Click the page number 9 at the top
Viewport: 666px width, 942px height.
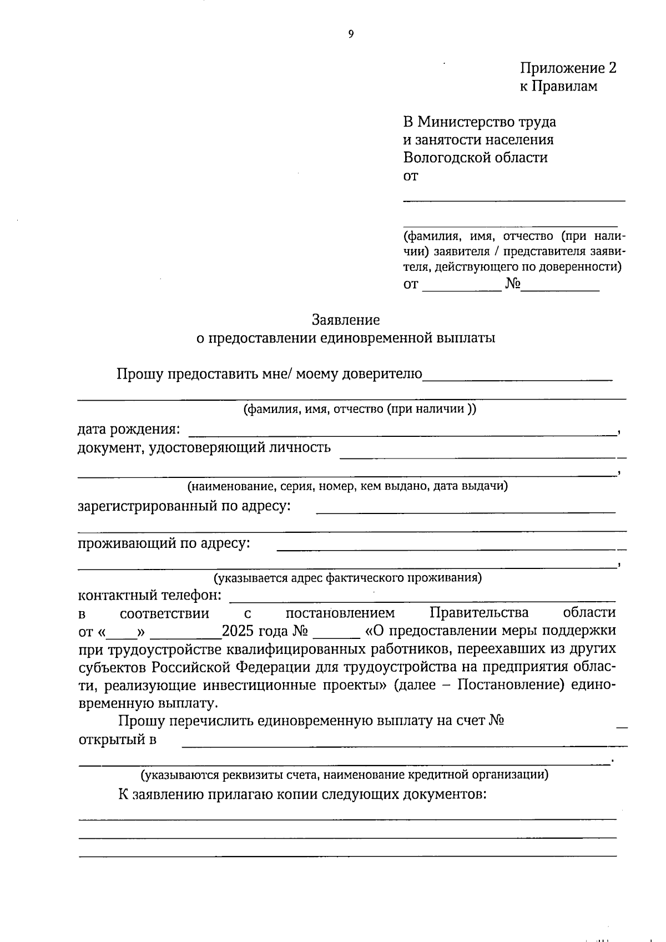coord(351,34)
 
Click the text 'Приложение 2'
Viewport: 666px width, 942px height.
coord(568,68)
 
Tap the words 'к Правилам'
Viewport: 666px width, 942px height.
coord(558,87)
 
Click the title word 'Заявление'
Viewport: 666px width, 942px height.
coord(346,320)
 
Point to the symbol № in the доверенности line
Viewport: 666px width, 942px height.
coord(512,285)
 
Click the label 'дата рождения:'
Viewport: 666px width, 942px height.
coord(129,429)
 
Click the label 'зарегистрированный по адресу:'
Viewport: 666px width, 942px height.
coord(184,506)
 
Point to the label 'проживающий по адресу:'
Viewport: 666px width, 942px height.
coord(164,543)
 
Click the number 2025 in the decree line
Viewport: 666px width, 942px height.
coord(237,631)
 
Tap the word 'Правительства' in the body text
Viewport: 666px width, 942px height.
coord(479,613)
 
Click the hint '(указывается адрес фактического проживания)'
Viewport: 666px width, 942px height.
coord(348,578)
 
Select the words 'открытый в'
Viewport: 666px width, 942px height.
coord(117,739)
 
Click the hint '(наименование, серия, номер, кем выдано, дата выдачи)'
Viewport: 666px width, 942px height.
coord(347,486)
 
